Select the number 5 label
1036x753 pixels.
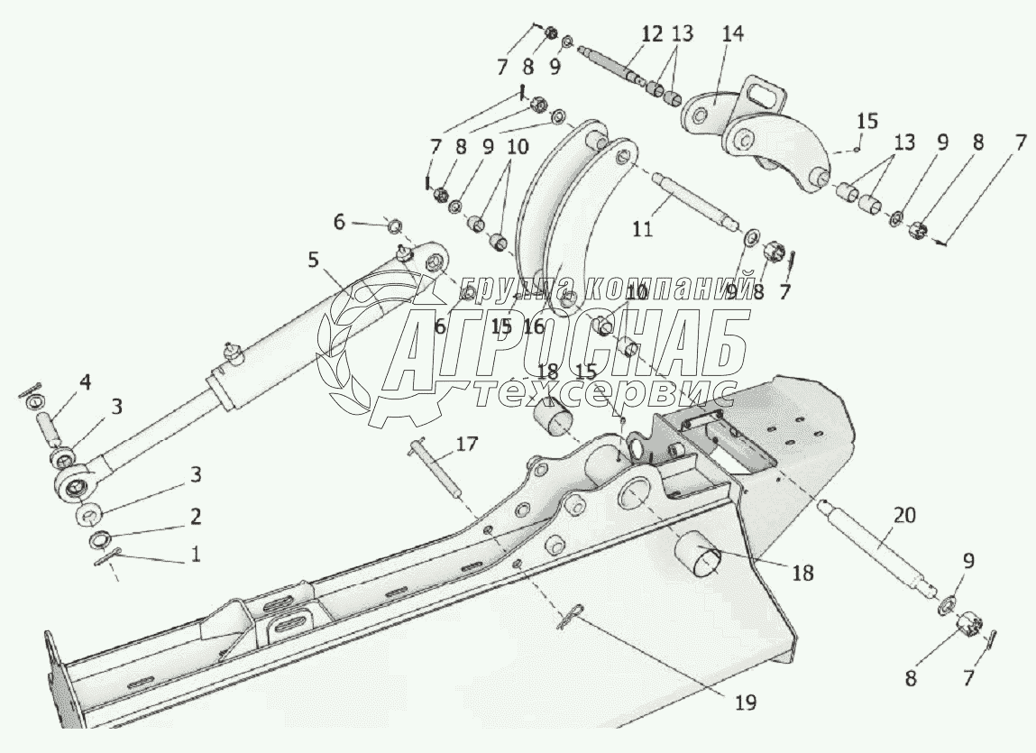pyautogui.click(x=312, y=261)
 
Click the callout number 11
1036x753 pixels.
pyautogui.click(x=641, y=228)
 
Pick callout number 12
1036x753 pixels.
pyautogui.click(x=651, y=35)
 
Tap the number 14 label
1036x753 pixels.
pyautogui.click(x=732, y=35)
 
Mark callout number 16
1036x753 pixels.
pyautogui.click(x=533, y=326)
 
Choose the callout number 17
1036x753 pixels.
pyautogui.click(x=466, y=443)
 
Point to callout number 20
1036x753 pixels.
pyautogui.click(x=904, y=516)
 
